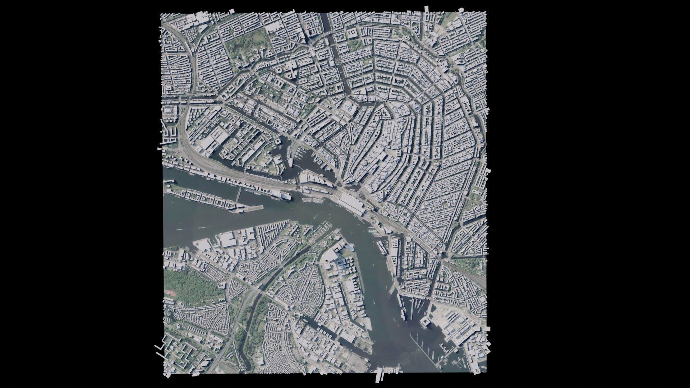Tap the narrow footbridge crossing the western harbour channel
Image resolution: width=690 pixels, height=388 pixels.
tap(238, 196)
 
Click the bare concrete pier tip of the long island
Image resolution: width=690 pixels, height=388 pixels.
tap(255, 208)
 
